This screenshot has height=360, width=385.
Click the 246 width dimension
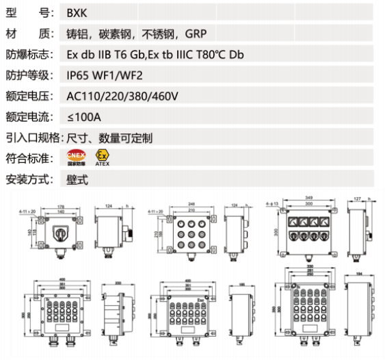(x=186, y=203)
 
